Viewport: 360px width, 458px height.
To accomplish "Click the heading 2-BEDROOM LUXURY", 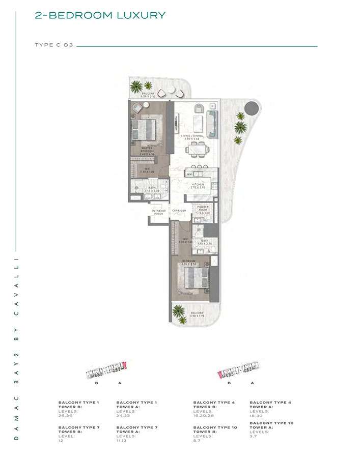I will [x=100, y=15].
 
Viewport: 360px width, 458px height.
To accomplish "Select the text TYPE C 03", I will [x=54, y=45].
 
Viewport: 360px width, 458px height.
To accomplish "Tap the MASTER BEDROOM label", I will [x=148, y=150].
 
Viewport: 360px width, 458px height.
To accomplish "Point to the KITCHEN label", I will [x=198, y=186].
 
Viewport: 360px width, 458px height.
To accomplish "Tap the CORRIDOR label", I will [x=179, y=211].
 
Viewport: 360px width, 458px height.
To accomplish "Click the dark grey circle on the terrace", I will [x=251, y=107].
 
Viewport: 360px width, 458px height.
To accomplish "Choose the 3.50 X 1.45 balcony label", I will [x=197, y=314].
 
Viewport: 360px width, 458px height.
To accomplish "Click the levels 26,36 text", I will [x=67, y=415].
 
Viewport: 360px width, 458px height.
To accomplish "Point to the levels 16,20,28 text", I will [x=206, y=415].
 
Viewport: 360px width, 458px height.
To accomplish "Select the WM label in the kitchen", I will [x=189, y=175].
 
